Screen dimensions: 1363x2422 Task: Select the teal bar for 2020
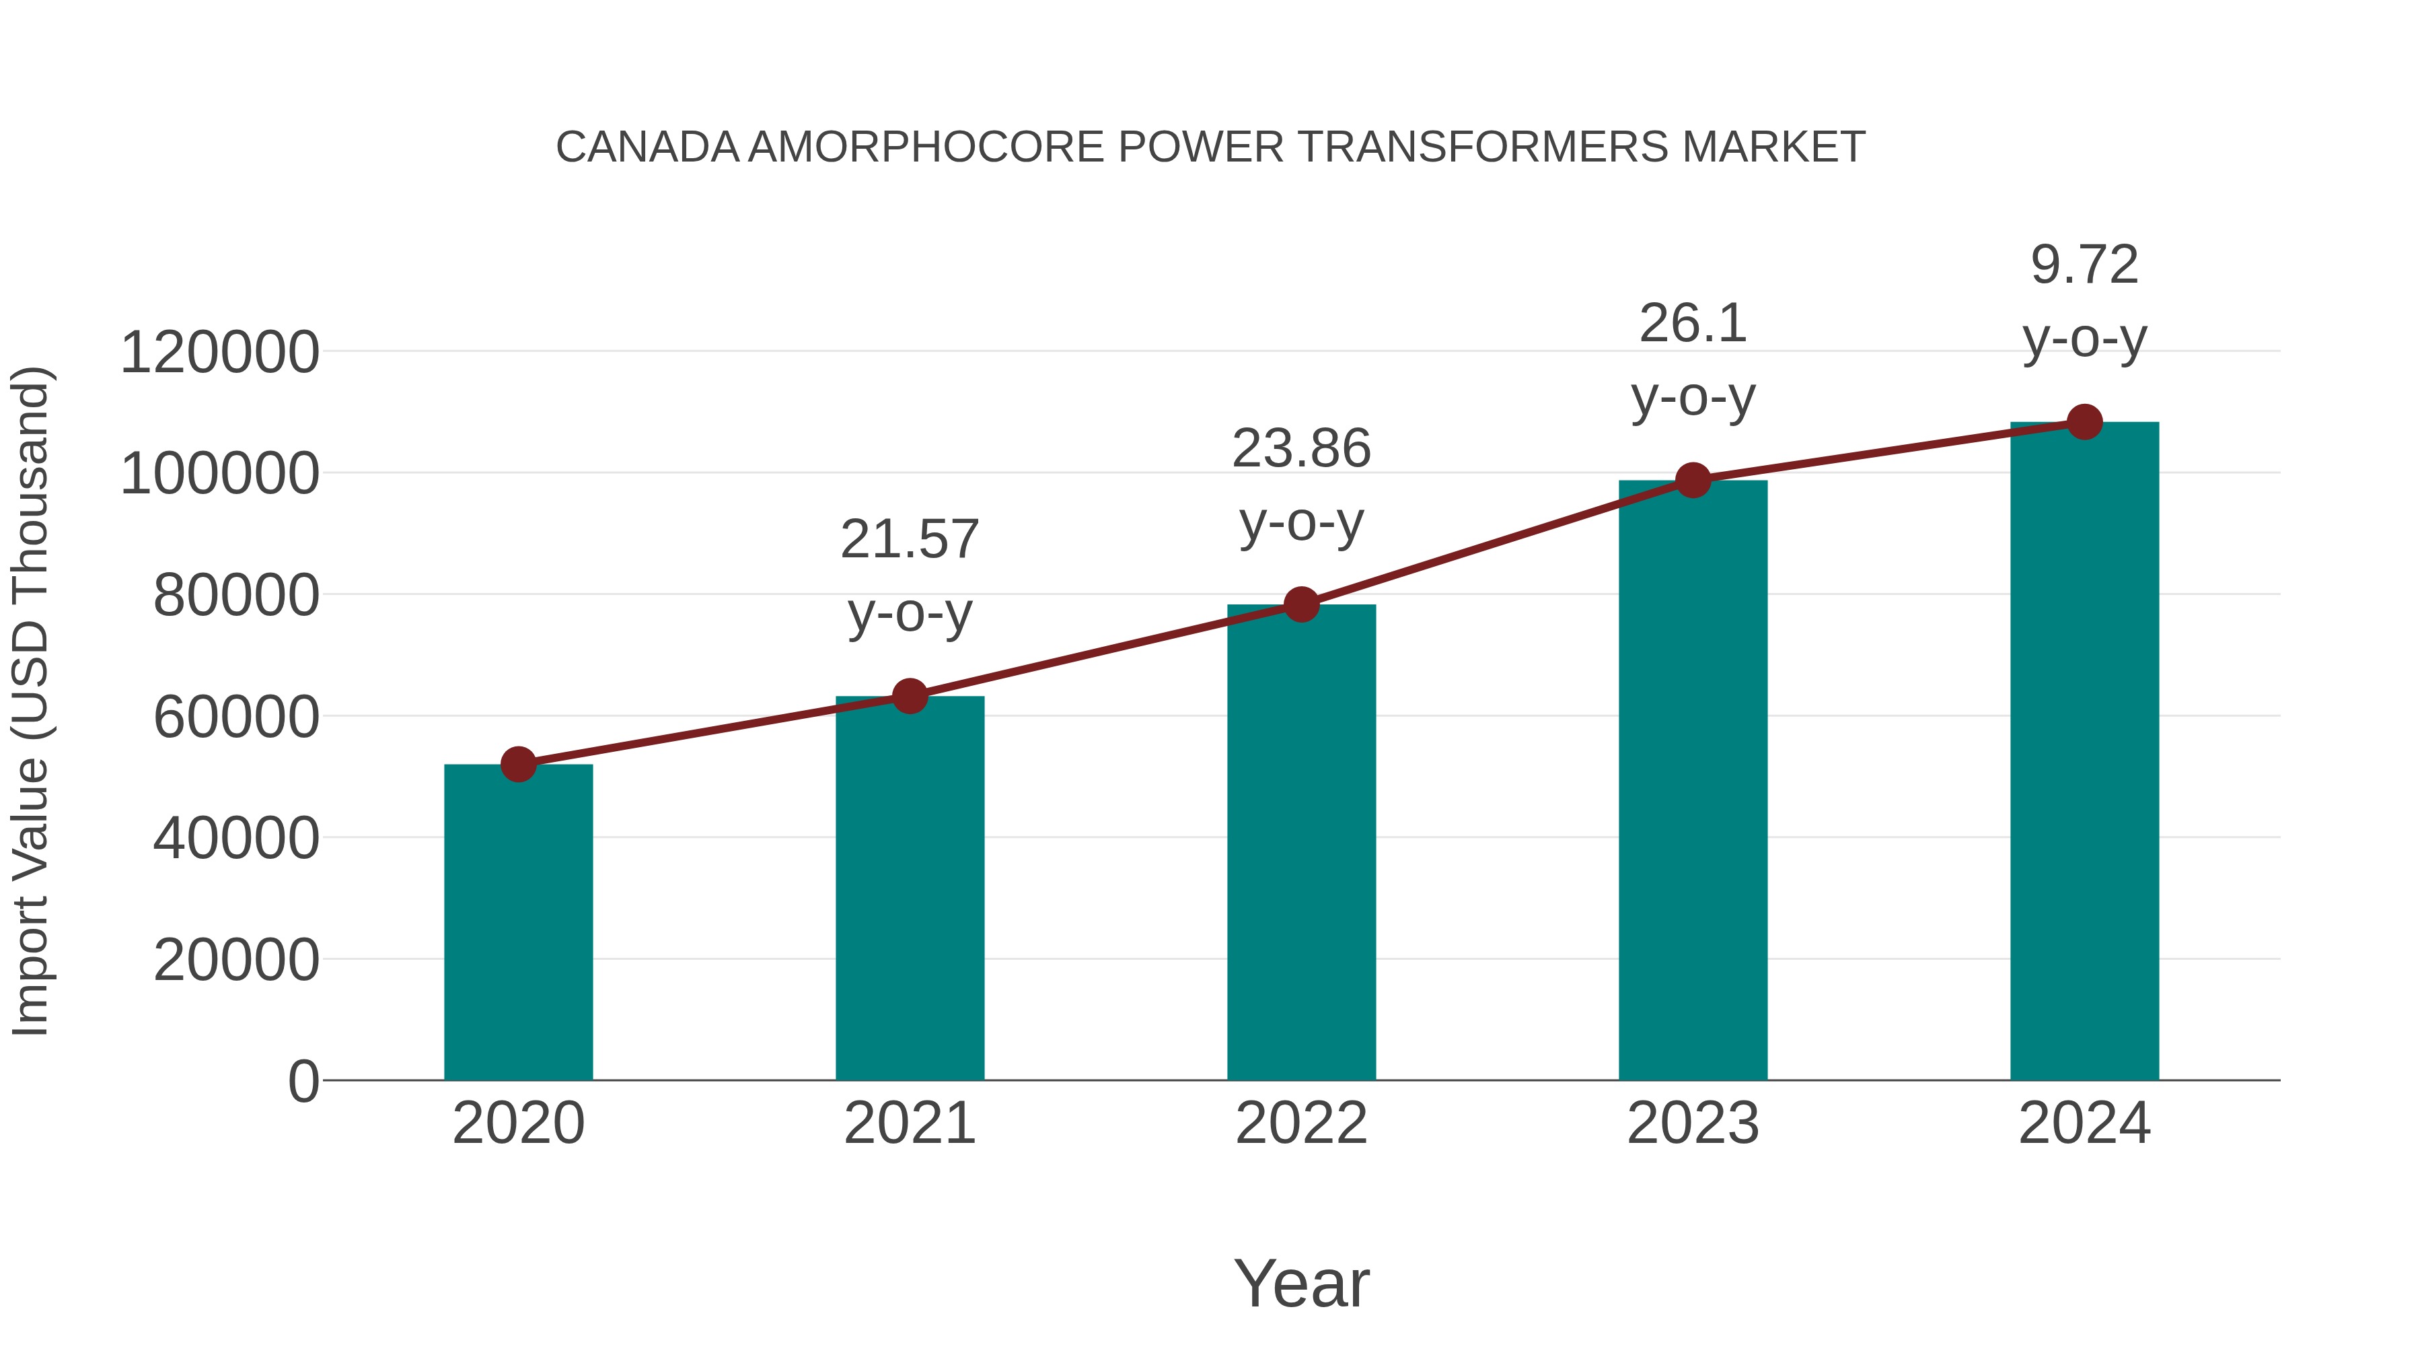[x=518, y=922]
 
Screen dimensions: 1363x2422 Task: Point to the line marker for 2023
[x=1693, y=481]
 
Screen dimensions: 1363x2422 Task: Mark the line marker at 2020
[x=518, y=764]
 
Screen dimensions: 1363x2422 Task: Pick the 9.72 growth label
[x=2084, y=265]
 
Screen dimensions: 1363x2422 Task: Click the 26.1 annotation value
[x=1693, y=324]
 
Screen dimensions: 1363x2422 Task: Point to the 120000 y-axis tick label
[x=220, y=353]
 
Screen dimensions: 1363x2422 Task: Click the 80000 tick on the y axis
[x=236, y=596]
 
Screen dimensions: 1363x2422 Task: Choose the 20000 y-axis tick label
[x=236, y=960]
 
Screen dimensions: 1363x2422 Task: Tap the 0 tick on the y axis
[x=303, y=1081]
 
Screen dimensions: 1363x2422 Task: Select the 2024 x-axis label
[x=2084, y=1123]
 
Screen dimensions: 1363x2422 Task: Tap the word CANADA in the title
[x=648, y=147]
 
